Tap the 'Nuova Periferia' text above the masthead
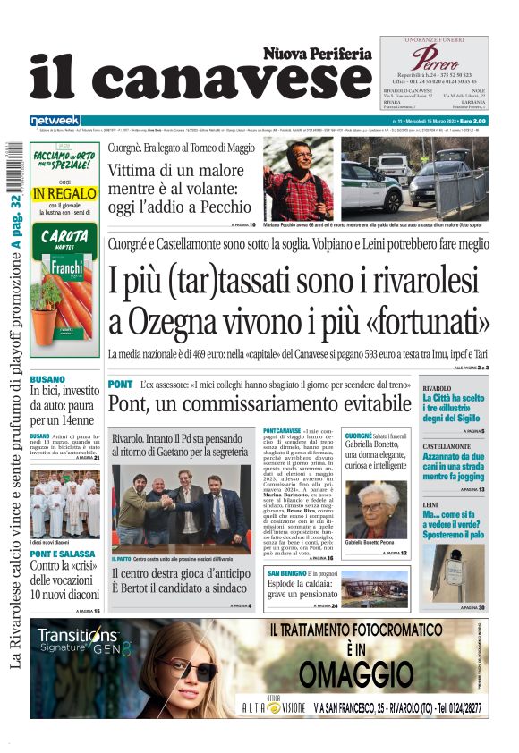[x=317, y=54]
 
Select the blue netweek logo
[x=55, y=121]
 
